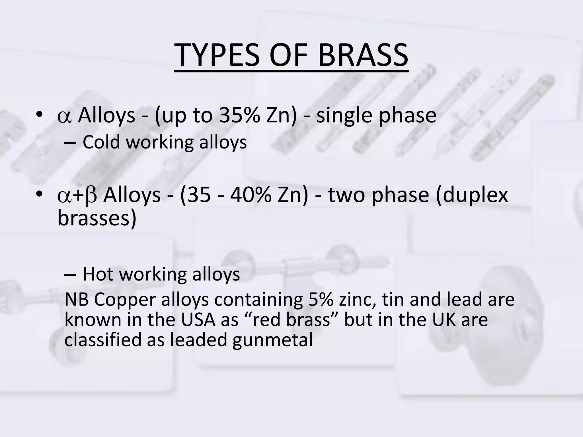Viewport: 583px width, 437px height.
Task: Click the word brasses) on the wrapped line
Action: [97, 218]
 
